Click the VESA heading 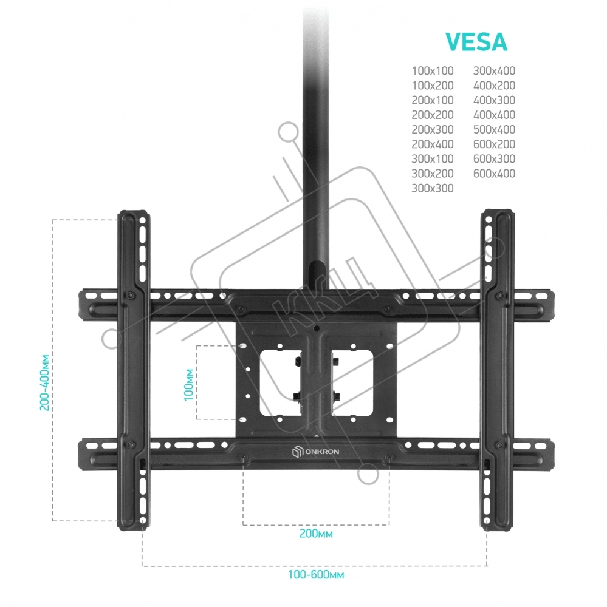(x=476, y=42)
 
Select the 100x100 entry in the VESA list (x=433, y=71)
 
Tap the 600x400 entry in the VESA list (x=494, y=174)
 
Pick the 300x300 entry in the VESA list (x=433, y=188)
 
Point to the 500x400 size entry (x=494, y=129)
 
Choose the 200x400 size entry (x=433, y=144)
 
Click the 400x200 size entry (x=494, y=86)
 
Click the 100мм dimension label (x=188, y=385)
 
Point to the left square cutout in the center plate (x=279, y=382)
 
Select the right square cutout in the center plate (x=352, y=382)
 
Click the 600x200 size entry (x=494, y=144)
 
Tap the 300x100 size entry (x=433, y=159)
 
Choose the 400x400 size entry (x=494, y=115)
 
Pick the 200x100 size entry (x=433, y=100)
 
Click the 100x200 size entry (x=433, y=86)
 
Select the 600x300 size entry (x=494, y=159)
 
